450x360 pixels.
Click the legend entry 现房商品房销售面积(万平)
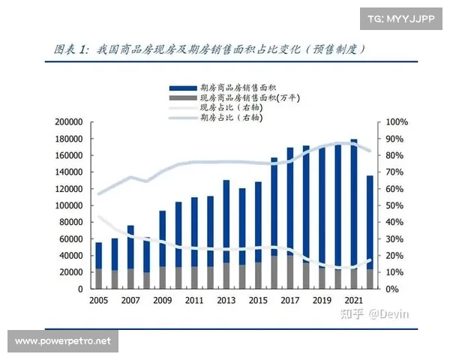coord(240,98)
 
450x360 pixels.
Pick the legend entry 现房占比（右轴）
coord(229,108)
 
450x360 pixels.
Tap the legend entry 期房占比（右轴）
coord(229,118)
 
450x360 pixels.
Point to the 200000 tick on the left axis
coord(68,122)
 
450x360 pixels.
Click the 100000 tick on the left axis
coord(68,205)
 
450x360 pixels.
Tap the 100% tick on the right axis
coord(397,122)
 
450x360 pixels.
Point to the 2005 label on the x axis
coord(97,300)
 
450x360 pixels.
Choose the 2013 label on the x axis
coord(226,300)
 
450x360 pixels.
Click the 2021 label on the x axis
coord(355,300)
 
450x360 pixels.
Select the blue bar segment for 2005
coord(98,256)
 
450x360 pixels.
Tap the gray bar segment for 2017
coord(290,273)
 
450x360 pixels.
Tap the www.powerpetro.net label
coord(63,341)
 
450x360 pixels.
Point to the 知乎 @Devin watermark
coord(364,313)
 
